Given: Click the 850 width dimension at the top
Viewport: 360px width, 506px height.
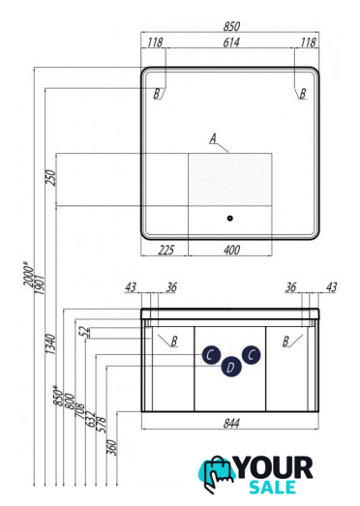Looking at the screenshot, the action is coord(231,26).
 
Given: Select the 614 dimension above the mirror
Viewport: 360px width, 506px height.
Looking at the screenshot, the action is coord(231,43).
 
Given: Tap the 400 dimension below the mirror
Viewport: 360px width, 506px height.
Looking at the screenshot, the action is coord(231,250).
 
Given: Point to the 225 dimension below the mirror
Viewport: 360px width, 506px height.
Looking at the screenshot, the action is coord(165,250).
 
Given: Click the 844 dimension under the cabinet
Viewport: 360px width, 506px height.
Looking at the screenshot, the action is coord(231,423).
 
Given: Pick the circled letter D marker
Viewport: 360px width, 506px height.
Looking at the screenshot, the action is coord(231,367).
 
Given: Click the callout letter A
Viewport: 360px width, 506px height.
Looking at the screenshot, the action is coord(213,138).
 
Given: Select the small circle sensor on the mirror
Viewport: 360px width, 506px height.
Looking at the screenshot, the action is coord(230,218).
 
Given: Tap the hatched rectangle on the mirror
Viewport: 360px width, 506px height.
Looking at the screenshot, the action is coord(230,179).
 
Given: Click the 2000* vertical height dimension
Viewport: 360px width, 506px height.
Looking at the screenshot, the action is coord(28,274).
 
